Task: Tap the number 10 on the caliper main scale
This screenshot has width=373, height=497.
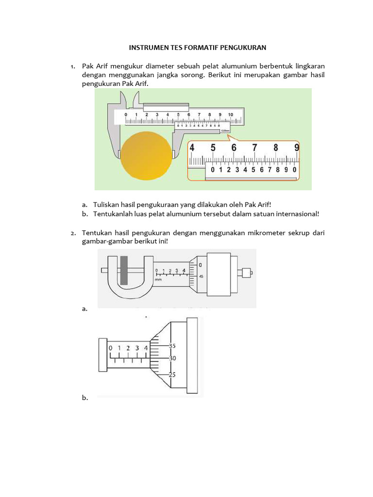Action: coord(230,115)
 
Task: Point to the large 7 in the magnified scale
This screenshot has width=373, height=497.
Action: coord(254,148)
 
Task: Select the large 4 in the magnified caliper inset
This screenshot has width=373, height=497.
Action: coord(192,148)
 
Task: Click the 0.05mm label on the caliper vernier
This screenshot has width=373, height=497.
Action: coord(225,130)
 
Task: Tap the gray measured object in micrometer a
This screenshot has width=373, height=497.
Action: coord(124,270)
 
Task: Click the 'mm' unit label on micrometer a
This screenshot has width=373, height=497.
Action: coord(158,280)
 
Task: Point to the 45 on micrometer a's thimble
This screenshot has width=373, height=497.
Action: coord(202,276)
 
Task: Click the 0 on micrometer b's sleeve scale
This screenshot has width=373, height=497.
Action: coord(111,348)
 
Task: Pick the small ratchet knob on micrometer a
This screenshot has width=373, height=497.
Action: coord(247,272)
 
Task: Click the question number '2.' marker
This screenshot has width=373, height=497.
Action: coord(73,233)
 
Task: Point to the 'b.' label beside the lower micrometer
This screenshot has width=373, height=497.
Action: coord(85,398)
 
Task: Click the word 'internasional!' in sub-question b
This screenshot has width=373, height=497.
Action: coord(296,214)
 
